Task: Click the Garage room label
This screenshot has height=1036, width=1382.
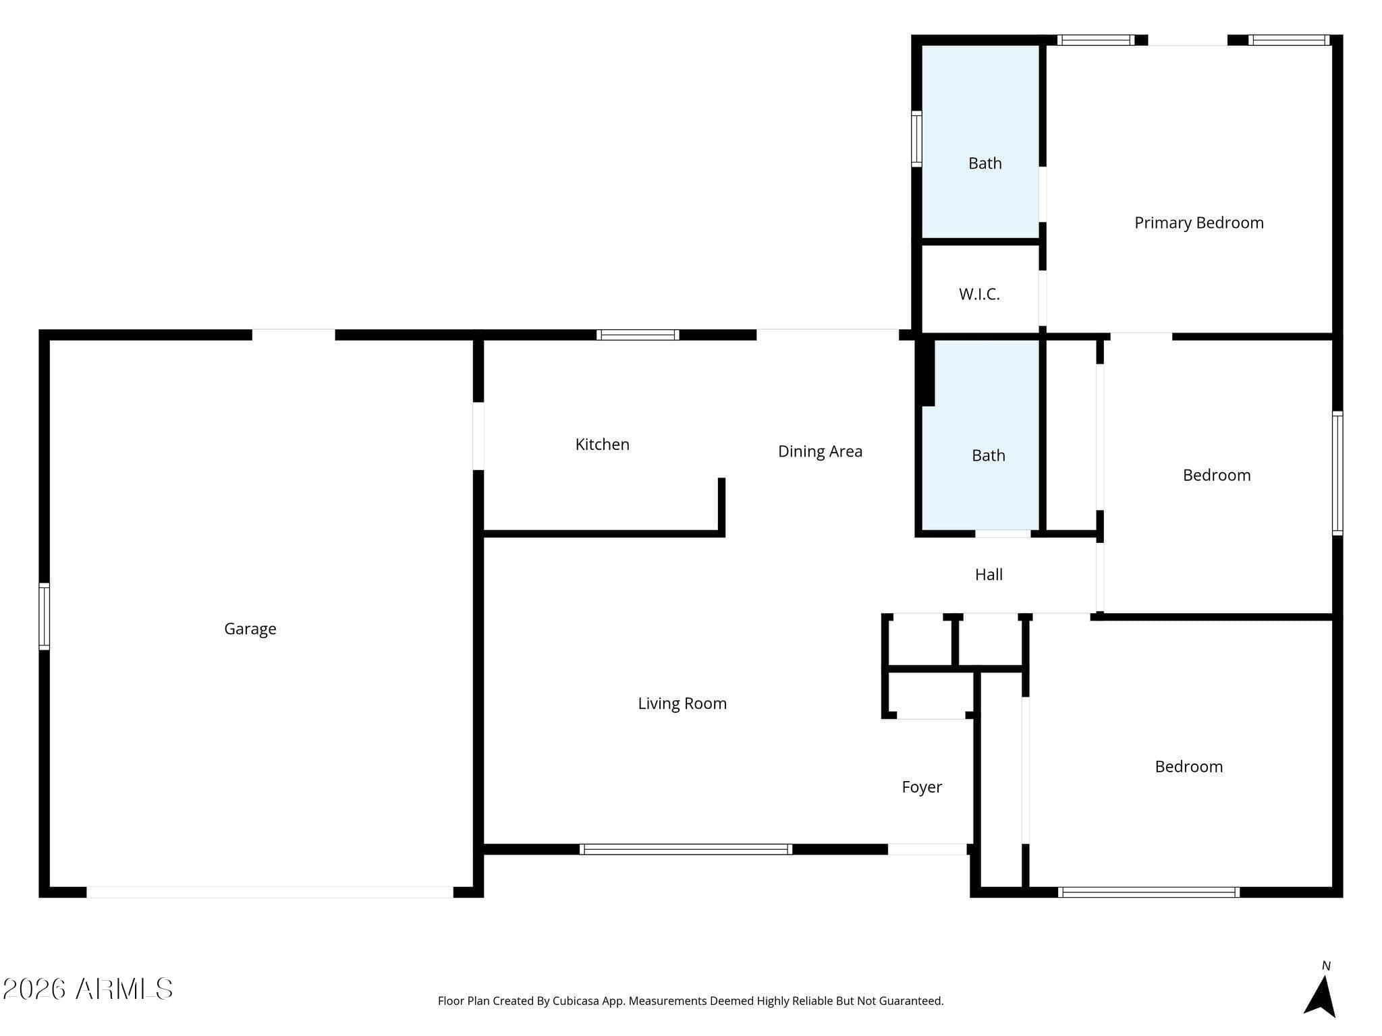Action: [x=250, y=629]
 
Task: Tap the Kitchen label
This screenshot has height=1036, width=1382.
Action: [x=602, y=444]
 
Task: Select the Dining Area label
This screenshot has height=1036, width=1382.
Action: [x=820, y=451]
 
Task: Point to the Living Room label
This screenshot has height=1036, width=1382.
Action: [x=682, y=703]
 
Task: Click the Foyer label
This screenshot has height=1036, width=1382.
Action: [x=922, y=787]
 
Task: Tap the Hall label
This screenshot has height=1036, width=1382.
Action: [x=989, y=575]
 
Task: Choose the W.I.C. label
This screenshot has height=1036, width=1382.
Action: [x=979, y=294]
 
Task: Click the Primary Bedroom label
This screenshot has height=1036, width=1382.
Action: [x=1198, y=223]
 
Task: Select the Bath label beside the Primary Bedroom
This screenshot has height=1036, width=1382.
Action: [x=985, y=163]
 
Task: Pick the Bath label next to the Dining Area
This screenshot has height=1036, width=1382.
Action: [x=988, y=455]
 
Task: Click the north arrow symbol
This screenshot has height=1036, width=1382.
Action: [x=1321, y=994]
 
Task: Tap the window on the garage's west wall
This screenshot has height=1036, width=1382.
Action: [x=44, y=616]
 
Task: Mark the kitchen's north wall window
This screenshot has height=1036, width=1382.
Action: [x=638, y=335]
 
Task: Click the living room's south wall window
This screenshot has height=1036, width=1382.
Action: [x=686, y=849]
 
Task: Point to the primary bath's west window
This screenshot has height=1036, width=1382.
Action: [x=916, y=139]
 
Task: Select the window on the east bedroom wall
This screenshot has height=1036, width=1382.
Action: [x=1337, y=473]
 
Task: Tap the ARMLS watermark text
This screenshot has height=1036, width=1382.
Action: [x=88, y=989]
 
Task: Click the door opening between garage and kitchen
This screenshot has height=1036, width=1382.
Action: [x=478, y=436]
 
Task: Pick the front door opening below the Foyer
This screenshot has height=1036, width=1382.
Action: [x=927, y=849]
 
